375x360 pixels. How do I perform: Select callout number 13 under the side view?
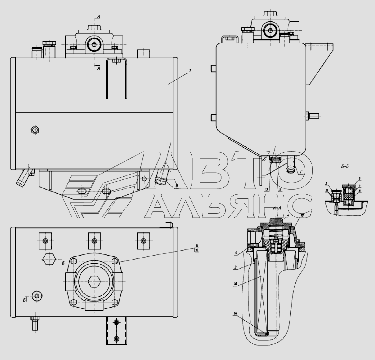tap(267, 190)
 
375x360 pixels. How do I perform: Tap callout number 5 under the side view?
tap(280, 190)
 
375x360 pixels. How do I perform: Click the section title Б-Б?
tap(345, 167)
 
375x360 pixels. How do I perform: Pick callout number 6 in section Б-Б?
tap(359, 179)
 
